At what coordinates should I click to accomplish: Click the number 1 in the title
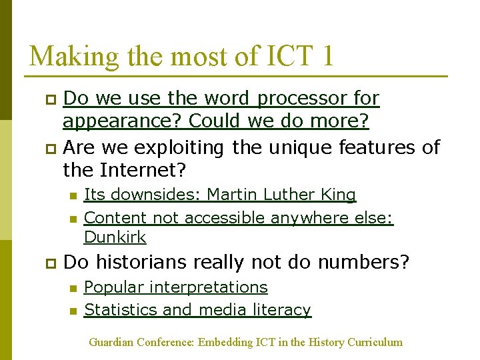click(326, 56)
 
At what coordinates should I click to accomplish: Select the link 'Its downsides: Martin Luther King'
click(220, 195)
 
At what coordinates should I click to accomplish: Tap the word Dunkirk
click(115, 237)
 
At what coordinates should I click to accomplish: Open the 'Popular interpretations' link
click(176, 287)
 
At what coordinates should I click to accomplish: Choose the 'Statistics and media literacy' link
click(197, 310)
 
